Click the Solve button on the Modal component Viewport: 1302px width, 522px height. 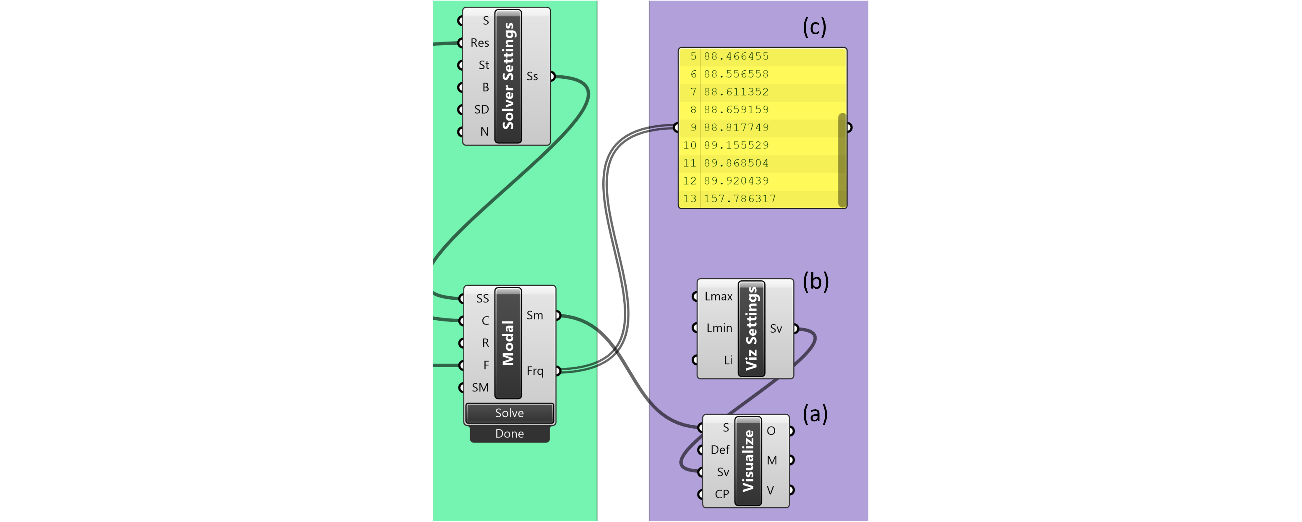[510, 413]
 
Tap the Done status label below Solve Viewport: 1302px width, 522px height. [510, 434]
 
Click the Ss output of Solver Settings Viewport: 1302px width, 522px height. [533, 76]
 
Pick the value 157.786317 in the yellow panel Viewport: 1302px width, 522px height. [740, 199]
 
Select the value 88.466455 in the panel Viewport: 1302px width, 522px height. [736, 56]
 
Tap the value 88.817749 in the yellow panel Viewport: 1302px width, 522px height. [736, 127]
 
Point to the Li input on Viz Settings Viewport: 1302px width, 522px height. [727, 360]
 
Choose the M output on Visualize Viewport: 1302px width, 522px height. [772, 460]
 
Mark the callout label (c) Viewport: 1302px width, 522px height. [814, 27]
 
